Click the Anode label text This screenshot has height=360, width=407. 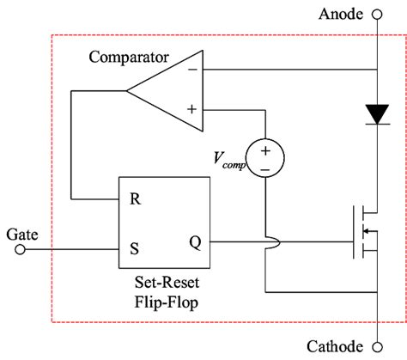(x=341, y=14)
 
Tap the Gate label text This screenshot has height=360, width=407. (x=21, y=233)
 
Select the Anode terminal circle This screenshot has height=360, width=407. (x=375, y=15)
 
